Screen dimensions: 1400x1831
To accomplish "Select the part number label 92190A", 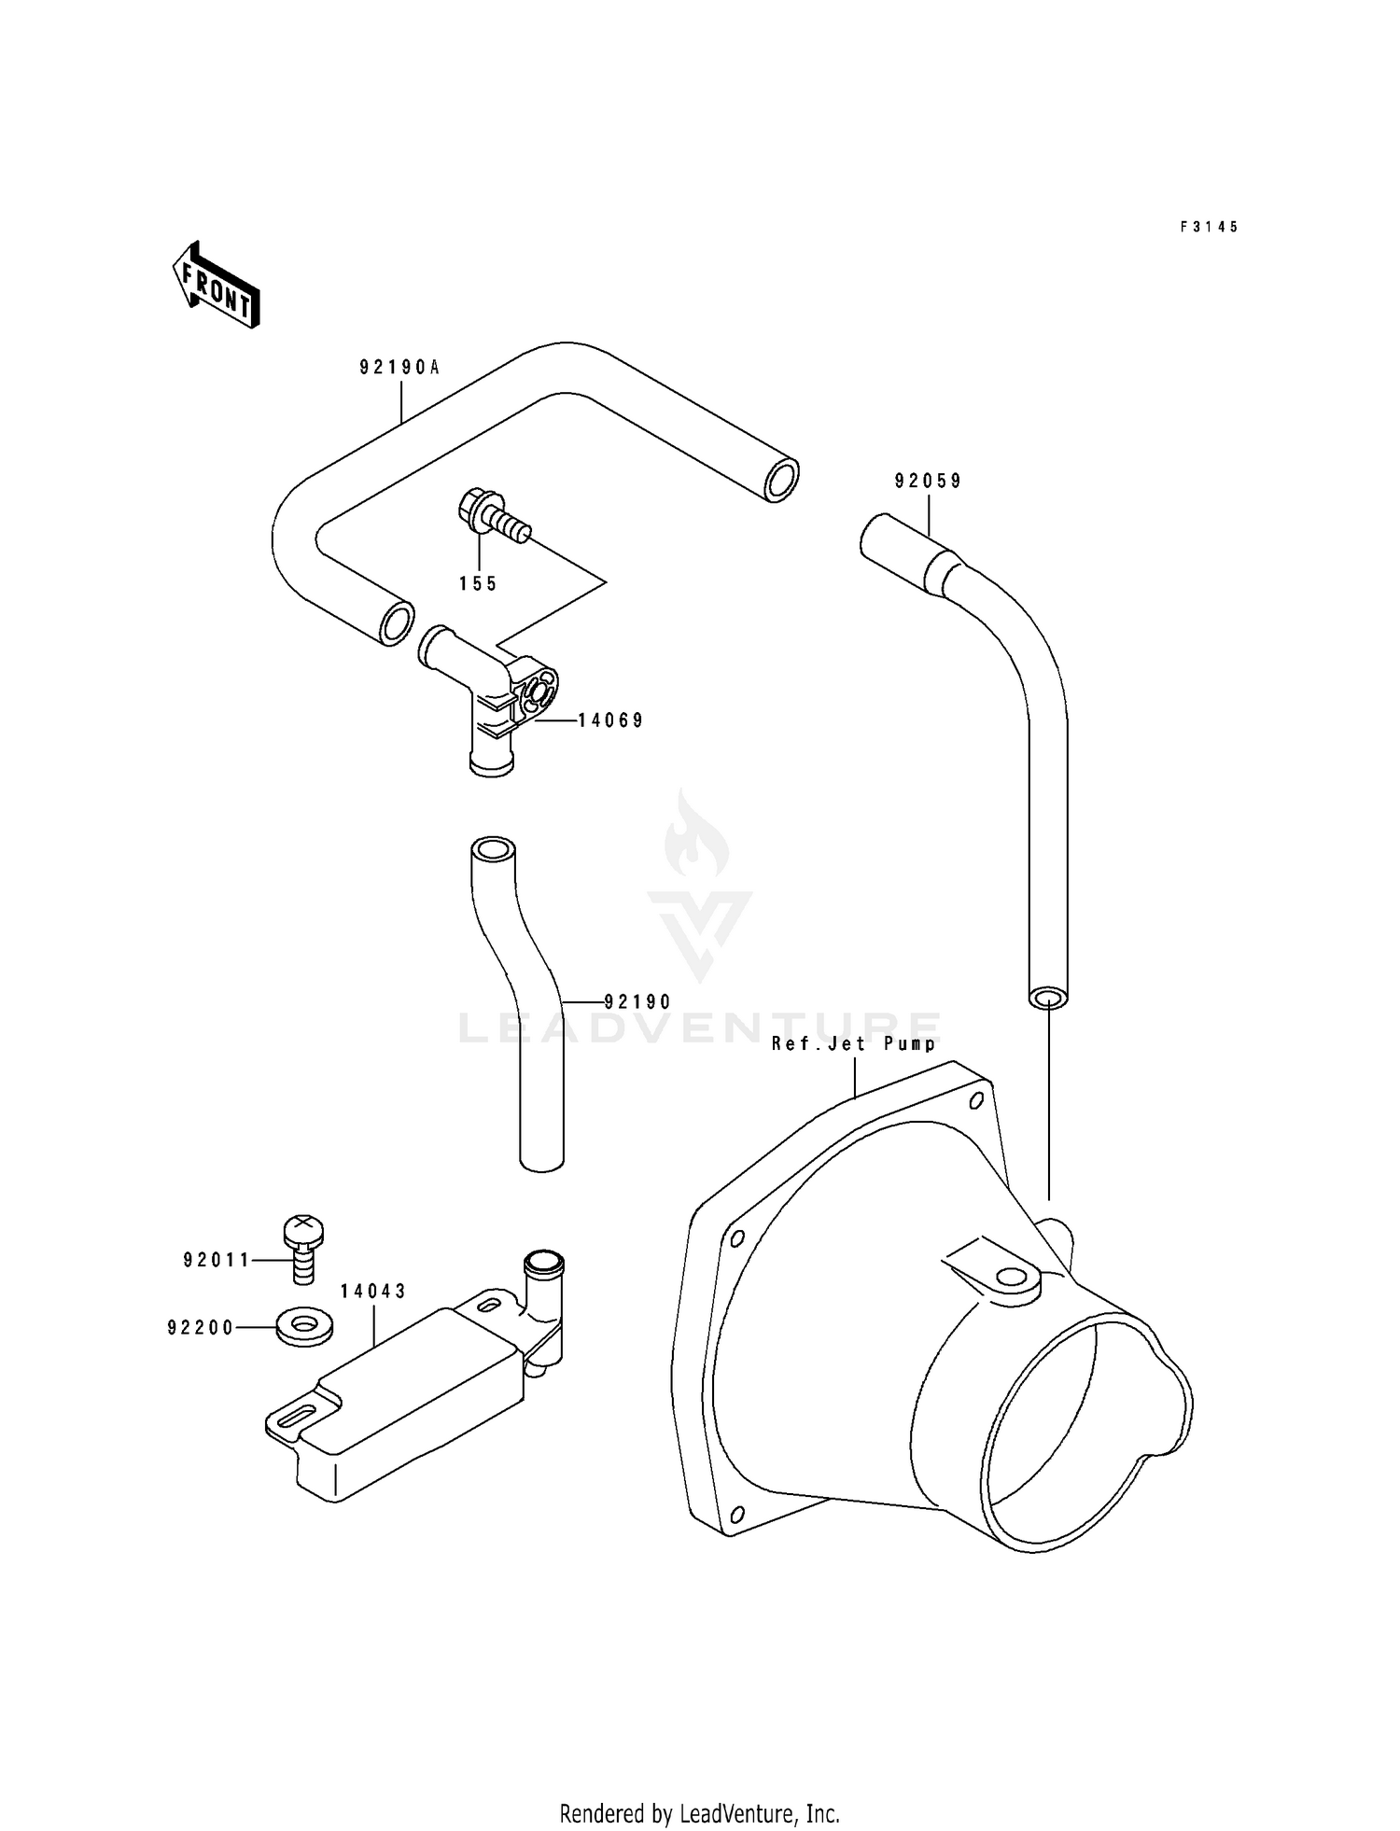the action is coord(399,368).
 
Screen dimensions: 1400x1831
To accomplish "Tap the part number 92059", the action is coord(928,482).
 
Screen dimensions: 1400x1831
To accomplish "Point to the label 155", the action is coord(478,584).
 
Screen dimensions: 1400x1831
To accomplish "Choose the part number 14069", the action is coord(610,720).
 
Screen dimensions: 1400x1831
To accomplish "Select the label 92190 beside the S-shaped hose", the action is coord(637,1002).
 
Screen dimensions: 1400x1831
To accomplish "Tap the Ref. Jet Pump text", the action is coord(853,1043).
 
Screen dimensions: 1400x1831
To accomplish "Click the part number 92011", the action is coord(217,1261).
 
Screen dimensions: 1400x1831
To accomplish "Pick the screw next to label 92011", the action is coord(302,1250).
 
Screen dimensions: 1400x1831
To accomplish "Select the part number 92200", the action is coord(201,1328).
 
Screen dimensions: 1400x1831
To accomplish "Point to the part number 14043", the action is coord(373,1292).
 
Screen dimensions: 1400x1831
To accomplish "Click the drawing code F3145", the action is coord(1209,227).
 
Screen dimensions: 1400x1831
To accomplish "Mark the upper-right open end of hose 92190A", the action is coord(780,481).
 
